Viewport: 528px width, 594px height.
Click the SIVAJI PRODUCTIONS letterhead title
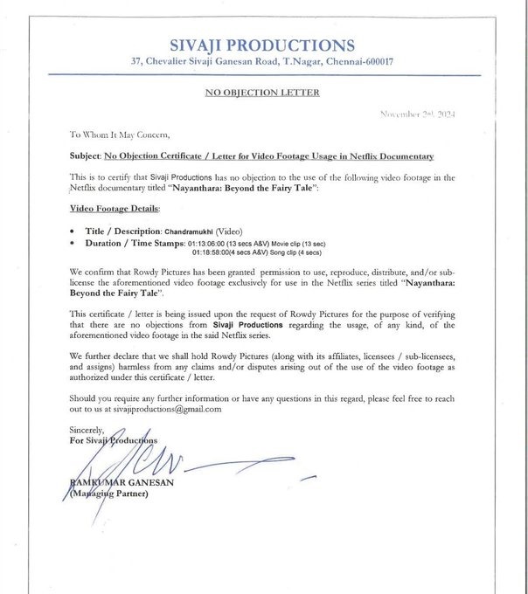tap(262, 45)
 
